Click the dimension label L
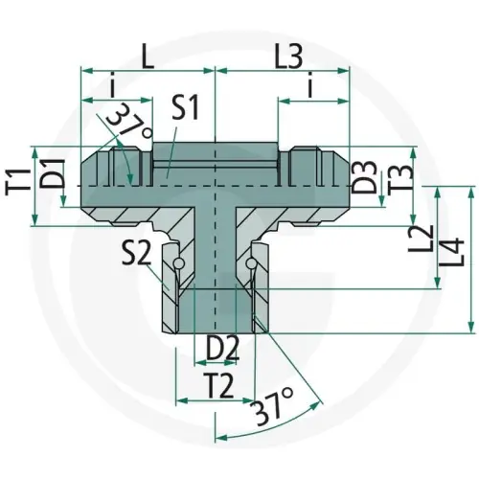pos(148,57)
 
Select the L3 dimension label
pos(288,57)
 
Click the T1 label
pos(18,185)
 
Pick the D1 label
pos(53,174)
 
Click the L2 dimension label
pos(421,239)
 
